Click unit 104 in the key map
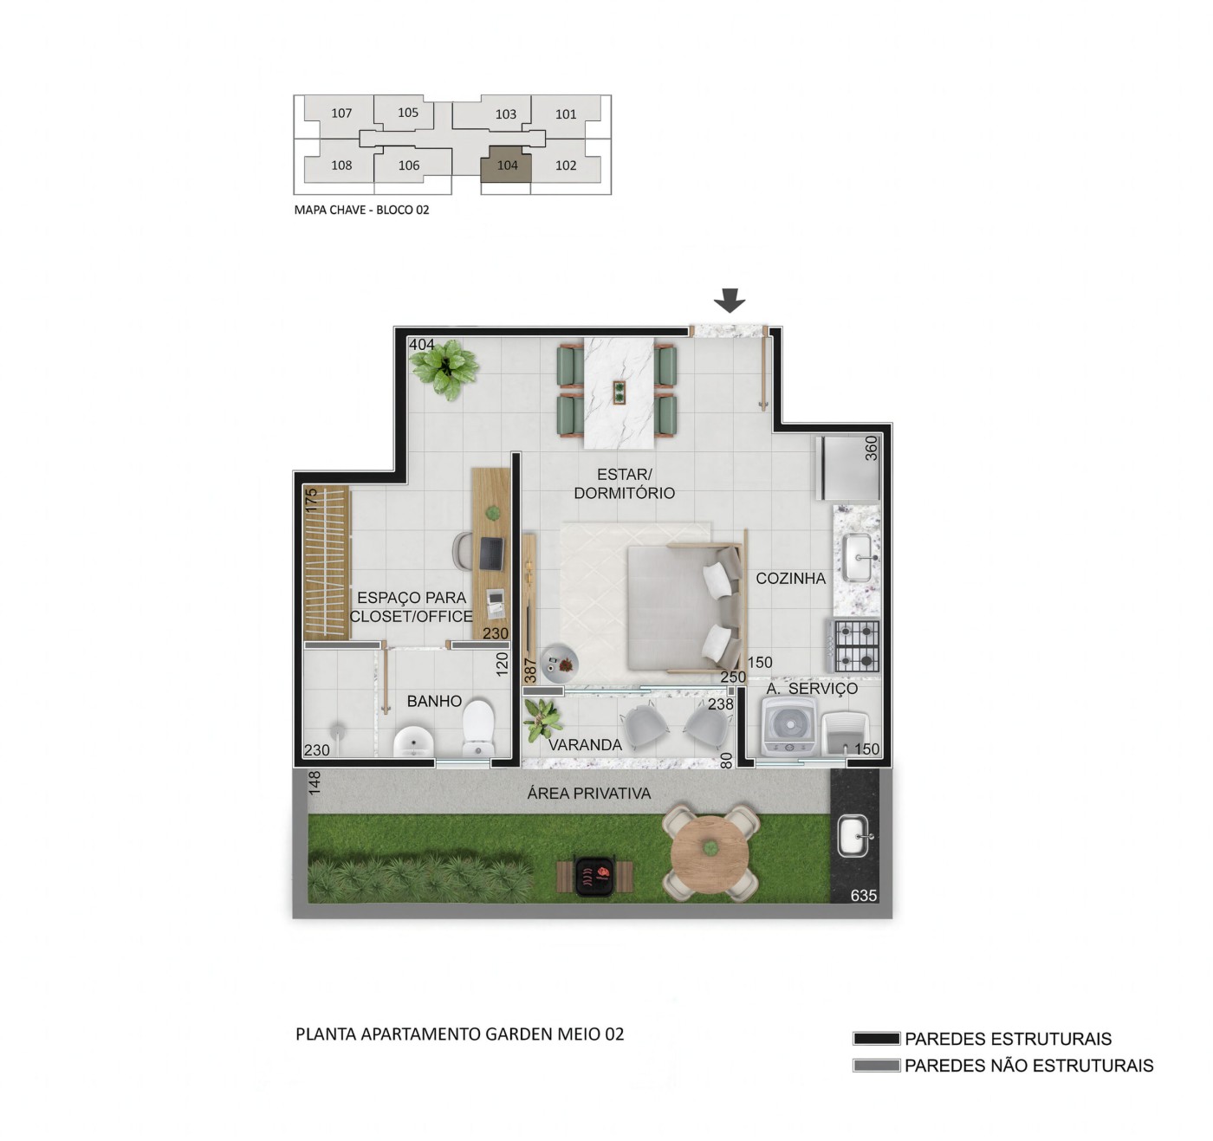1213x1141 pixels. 506,165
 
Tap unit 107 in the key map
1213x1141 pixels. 341,113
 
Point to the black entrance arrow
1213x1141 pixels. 730,301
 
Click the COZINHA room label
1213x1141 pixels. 790,579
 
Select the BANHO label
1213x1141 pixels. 434,701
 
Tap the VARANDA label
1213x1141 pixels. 585,744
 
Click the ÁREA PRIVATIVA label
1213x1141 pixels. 589,793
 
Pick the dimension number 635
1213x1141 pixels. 864,896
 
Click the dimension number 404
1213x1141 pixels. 421,345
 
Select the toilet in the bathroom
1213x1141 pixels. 477,728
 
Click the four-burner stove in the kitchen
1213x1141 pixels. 853,645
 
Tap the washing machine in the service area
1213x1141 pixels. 788,724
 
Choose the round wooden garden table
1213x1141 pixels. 710,853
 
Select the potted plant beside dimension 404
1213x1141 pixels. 444,369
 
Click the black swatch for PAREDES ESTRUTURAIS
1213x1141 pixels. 877,1039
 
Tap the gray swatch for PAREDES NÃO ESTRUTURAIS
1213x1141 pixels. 877,1066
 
